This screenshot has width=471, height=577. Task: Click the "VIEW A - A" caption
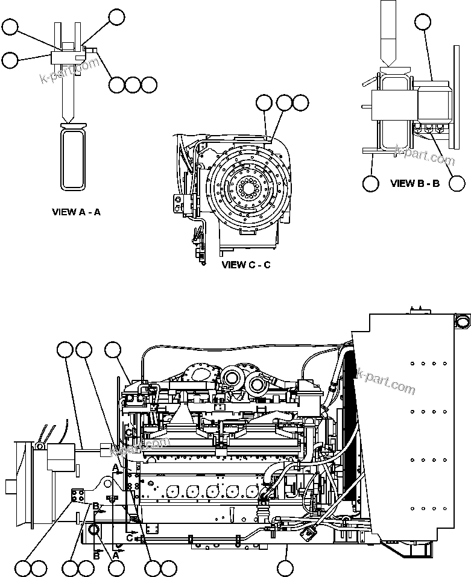click(76, 212)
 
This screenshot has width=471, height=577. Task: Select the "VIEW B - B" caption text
click(415, 183)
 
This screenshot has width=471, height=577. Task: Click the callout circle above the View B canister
click(424, 23)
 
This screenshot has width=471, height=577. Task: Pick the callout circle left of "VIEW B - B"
click(370, 183)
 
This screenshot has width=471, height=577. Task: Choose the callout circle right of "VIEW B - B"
click(458, 183)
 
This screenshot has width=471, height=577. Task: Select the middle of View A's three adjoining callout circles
click(133, 84)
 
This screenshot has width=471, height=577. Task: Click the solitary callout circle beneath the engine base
click(285, 567)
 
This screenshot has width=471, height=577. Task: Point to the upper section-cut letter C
click(128, 432)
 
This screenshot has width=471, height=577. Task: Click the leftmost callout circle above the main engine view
click(65, 349)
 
